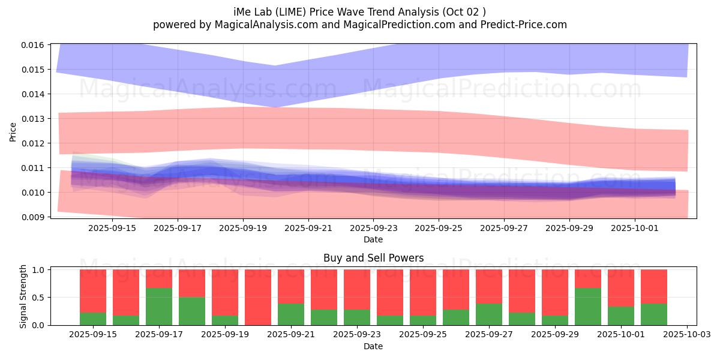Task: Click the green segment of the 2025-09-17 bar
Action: pyautogui.click(x=159, y=307)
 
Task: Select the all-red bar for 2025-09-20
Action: pyautogui.click(x=258, y=297)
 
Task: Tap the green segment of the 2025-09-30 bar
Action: pyautogui.click(x=588, y=307)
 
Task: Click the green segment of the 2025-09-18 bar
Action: pyautogui.click(x=192, y=311)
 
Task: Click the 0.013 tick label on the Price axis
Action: pyautogui.click(x=34, y=119)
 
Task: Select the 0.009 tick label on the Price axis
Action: pyautogui.click(x=34, y=217)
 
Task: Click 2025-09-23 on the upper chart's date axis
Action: pyautogui.click(x=373, y=228)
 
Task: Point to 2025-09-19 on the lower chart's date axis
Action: pyautogui.click(x=225, y=334)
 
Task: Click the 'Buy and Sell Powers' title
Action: pyautogui.click(x=373, y=258)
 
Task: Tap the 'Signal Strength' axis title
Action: pyautogui.click(x=24, y=297)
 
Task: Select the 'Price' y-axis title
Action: pyautogui.click(x=13, y=131)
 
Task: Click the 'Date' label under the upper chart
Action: pyautogui.click(x=373, y=239)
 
